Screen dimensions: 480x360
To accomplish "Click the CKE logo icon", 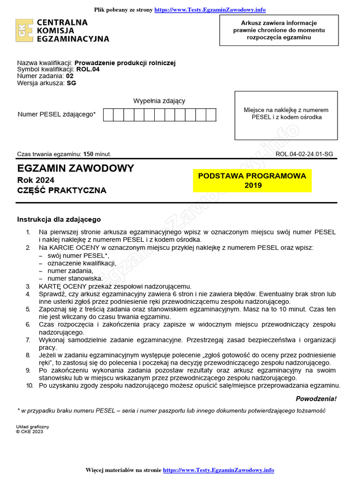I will (24, 31).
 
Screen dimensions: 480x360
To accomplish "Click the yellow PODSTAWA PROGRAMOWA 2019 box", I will (252, 180).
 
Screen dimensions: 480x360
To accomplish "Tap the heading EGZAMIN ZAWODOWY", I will (75, 168).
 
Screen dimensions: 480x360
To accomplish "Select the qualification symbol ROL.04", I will (88, 69).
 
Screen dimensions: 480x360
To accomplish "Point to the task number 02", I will (69, 76).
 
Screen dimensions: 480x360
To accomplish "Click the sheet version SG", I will (71, 83).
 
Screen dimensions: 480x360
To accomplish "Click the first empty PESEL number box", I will (108, 115).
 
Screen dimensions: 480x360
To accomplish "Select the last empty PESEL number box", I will (211, 115).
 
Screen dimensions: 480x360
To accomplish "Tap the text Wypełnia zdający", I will (159, 101).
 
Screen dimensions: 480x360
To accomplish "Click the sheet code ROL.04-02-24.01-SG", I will (304, 154).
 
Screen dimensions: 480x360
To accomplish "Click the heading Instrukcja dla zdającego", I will (59, 219).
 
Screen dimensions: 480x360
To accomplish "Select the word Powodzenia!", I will (316, 399).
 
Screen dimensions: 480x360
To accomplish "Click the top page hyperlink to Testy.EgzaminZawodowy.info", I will (210, 9).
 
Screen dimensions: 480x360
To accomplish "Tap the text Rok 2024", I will (36, 180).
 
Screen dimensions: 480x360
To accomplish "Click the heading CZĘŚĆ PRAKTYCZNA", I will (62, 190).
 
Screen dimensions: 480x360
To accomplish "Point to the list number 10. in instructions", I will (30, 385).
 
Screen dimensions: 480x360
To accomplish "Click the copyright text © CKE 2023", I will (30, 432).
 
